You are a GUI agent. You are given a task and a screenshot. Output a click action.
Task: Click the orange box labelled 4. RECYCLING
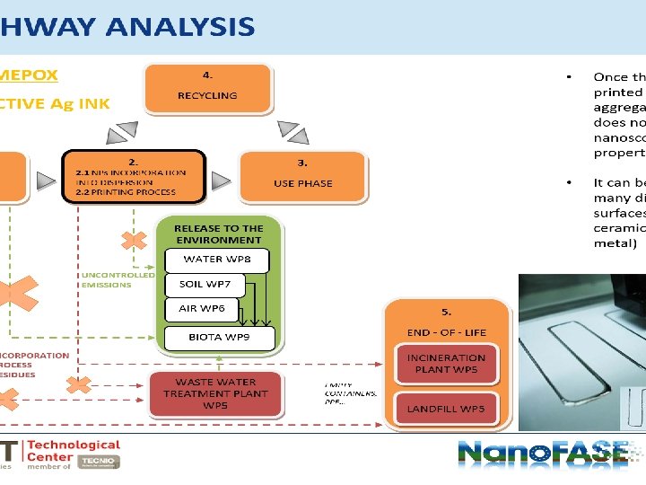[206, 86]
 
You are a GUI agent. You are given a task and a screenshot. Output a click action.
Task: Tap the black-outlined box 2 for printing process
[133, 175]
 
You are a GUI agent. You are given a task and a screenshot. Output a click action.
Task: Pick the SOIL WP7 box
[205, 285]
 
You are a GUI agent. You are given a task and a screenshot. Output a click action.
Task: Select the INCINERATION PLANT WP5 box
[446, 363]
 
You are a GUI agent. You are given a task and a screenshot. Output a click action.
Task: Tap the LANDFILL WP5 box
[446, 409]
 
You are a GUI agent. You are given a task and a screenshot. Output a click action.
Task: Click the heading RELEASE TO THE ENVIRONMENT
[219, 234]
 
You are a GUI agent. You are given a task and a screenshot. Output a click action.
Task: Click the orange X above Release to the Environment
[135, 242]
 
